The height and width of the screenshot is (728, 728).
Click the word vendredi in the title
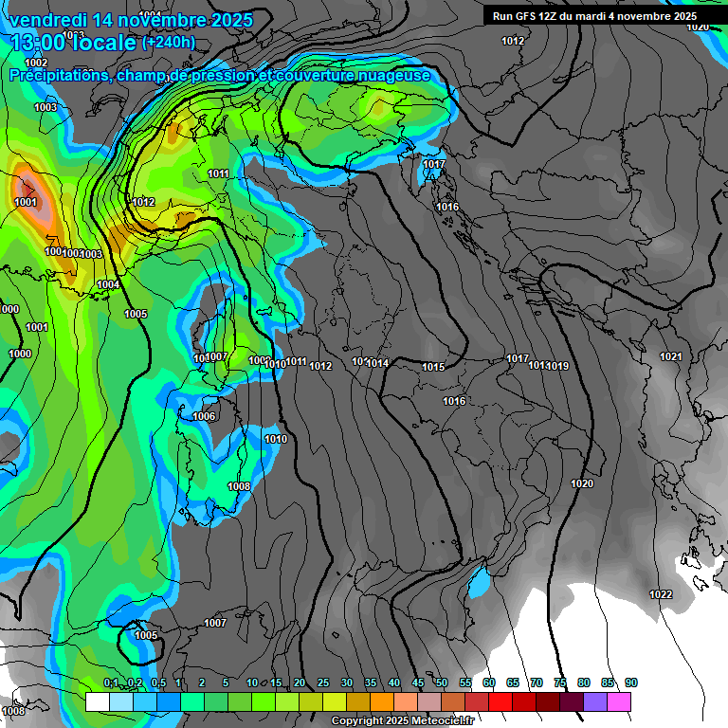click(48, 20)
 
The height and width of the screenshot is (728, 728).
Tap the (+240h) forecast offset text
click(168, 42)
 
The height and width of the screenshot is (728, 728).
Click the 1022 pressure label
click(661, 594)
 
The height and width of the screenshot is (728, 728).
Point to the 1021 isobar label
click(670, 356)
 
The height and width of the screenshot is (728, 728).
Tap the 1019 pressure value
click(557, 366)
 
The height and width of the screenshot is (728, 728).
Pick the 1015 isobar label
click(433, 367)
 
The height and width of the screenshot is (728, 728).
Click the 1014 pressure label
click(378, 363)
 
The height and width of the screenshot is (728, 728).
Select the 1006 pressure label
click(204, 416)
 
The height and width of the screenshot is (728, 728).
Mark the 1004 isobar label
click(108, 284)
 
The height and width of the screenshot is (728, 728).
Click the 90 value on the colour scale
click(631, 682)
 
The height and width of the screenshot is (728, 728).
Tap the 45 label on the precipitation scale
click(418, 682)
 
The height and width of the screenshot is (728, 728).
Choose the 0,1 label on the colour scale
click(111, 682)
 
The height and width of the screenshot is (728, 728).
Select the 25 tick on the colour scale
click(323, 682)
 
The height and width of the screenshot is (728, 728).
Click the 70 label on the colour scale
click(537, 682)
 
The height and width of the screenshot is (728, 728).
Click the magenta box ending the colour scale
click(619, 701)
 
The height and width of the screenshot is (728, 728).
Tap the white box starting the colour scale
click(97, 701)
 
